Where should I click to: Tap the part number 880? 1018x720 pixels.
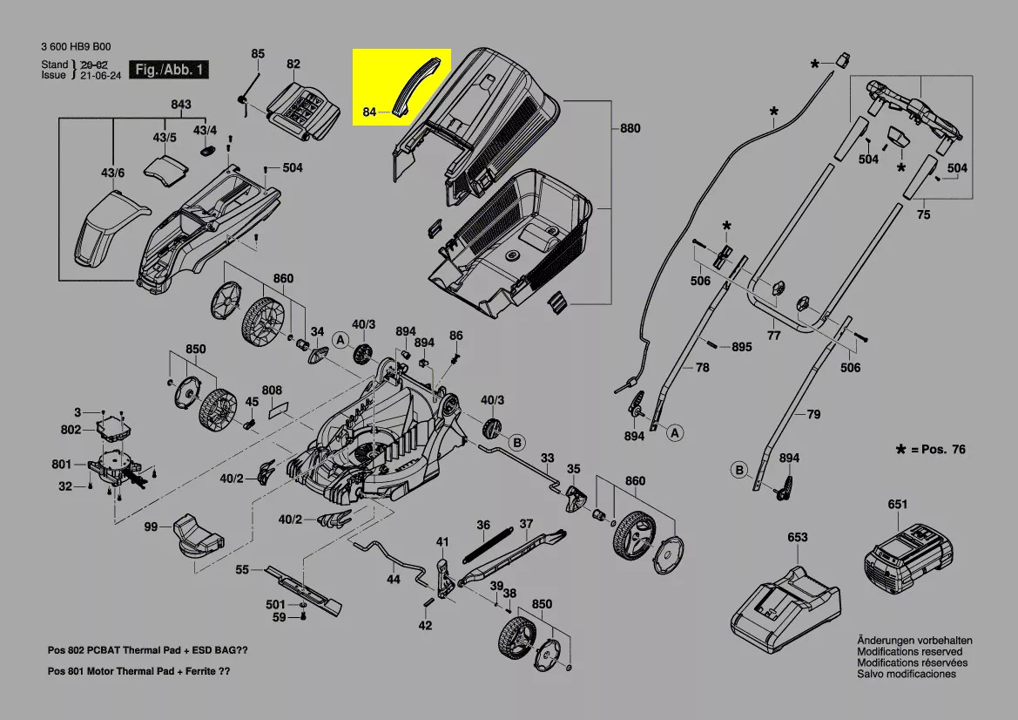[630, 129]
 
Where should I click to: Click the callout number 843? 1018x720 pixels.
[180, 105]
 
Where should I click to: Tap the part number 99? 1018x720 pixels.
[151, 526]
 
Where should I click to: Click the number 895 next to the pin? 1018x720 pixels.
[741, 347]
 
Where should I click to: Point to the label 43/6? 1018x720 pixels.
[114, 173]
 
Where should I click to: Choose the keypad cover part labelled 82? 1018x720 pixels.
[302, 108]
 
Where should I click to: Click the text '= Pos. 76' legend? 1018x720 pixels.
[937, 450]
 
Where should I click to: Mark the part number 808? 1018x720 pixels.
[272, 390]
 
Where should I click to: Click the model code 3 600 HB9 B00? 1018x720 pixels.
[76, 47]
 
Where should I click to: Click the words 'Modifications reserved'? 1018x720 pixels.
[909, 652]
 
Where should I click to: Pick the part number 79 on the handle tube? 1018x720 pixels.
[812, 415]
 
